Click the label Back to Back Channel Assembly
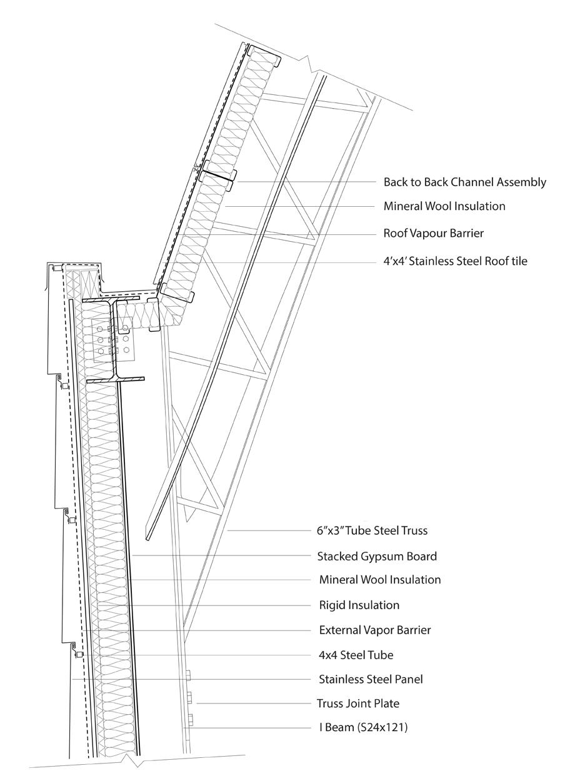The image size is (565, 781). click(465, 182)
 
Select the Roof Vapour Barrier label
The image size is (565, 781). click(434, 234)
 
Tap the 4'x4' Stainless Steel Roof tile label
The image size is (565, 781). click(455, 261)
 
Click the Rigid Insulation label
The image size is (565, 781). click(359, 605)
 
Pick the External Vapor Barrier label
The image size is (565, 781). click(374, 630)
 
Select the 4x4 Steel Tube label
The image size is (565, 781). click(356, 655)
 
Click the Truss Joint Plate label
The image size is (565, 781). click(359, 704)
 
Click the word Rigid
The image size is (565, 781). click(332, 605)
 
